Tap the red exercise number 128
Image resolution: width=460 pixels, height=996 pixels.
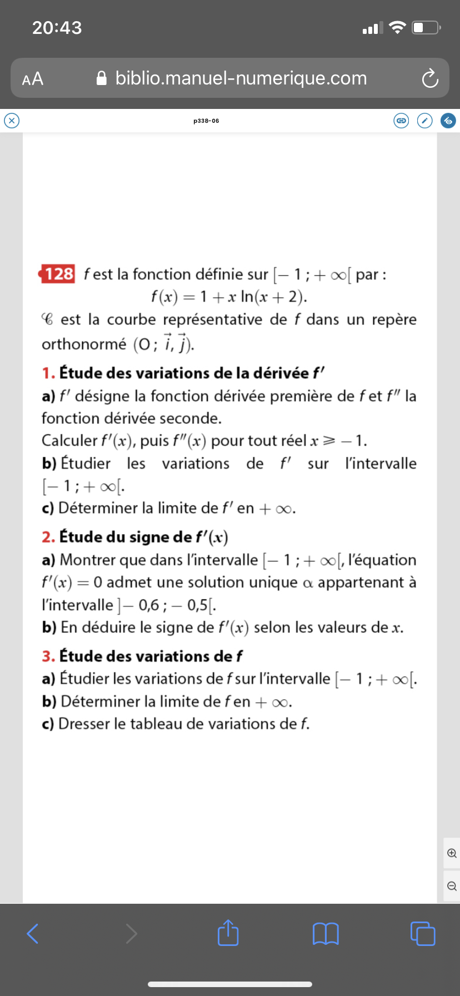coord(58,274)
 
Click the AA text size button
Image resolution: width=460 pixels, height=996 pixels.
coord(33,79)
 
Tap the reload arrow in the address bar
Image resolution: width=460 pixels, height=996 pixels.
coord(429,79)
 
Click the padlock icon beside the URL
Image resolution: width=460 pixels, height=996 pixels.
coord(102,78)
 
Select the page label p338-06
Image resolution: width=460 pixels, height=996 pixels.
coord(206,121)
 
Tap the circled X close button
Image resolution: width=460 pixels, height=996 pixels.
coord(12,120)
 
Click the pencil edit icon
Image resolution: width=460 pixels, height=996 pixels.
coord(424,121)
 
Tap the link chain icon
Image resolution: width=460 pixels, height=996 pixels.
coord(401,121)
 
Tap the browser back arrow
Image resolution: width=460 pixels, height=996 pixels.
coord(33,933)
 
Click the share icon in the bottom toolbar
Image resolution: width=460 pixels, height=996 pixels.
coord(228,933)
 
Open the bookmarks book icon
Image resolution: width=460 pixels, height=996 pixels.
coord(326,933)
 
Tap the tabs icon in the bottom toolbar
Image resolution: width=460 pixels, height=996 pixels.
coord(423,933)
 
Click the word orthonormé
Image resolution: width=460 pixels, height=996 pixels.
coord(84,345)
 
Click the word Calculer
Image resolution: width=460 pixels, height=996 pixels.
coord(69,441)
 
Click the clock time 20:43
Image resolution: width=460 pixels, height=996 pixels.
coord(57,27)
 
